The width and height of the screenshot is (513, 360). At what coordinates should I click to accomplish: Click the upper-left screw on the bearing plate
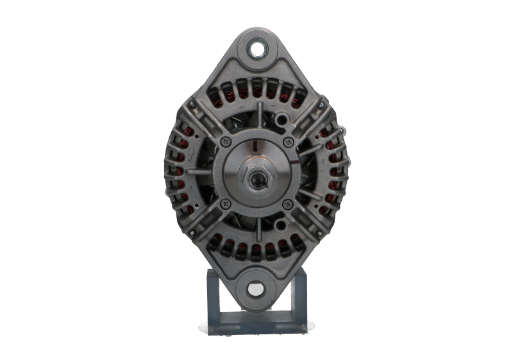pyautogui.click(x=224, y=141)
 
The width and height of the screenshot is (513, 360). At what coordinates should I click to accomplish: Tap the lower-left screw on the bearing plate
pyautogui.click(x=224, y=203)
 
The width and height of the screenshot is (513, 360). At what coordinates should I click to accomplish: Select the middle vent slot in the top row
pyautogui.click(x=257, y=90)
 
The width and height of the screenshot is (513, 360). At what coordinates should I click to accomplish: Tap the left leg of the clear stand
pyautogui.click(x=213, y=302)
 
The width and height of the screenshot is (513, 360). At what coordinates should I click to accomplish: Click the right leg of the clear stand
pyautogui.click(x=301, y=302)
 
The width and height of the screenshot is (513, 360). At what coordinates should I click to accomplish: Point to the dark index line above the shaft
pyautogui.click(x=256, y=147)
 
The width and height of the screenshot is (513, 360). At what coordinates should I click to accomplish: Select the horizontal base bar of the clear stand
pyautogui.click(x=257, y=325)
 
